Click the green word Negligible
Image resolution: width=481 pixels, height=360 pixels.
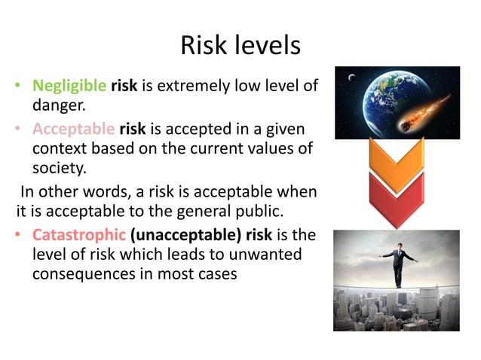[x=69, y=86]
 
